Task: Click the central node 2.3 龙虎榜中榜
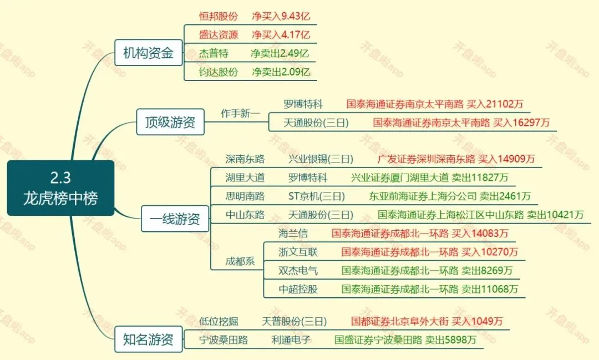tap(60, 188)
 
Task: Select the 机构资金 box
tap(148, 53)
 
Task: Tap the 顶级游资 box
tap(170, 122)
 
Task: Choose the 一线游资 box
tap(175, 219)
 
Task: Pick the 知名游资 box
tap(148, 339)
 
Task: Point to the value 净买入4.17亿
tap(281, 34)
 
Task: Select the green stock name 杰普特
tap(214, 53)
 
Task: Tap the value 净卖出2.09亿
tap(281, 72)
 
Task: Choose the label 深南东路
tap(245, 159)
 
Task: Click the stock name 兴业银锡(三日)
tap(321, 159)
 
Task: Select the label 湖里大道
tap(245, 178)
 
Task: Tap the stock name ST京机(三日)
tap(317, 196)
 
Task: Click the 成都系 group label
tap(240, 261)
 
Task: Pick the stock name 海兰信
tap(293, 234)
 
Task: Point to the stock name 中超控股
tap(298, 289)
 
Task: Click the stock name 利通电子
tap(291, 340)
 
